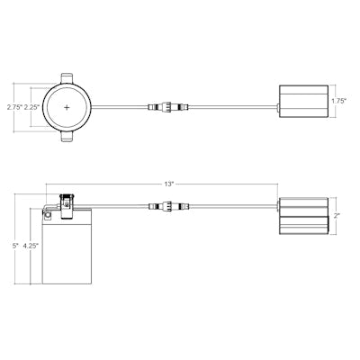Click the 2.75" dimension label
pos(14,107)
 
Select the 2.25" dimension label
pos(31,107)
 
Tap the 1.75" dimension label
pos(339,101)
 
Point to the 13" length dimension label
pos(169,184)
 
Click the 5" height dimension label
pos(15,245)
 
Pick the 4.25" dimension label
pos(31,245)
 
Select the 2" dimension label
pos(336,215)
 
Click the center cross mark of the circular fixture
pos(67,107)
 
